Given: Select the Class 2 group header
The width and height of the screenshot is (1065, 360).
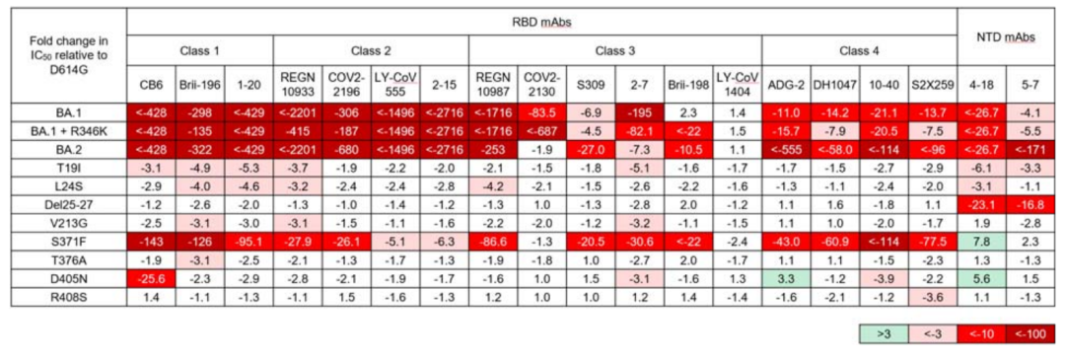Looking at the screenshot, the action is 371,50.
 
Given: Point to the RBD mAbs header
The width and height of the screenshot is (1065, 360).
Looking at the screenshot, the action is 551,22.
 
